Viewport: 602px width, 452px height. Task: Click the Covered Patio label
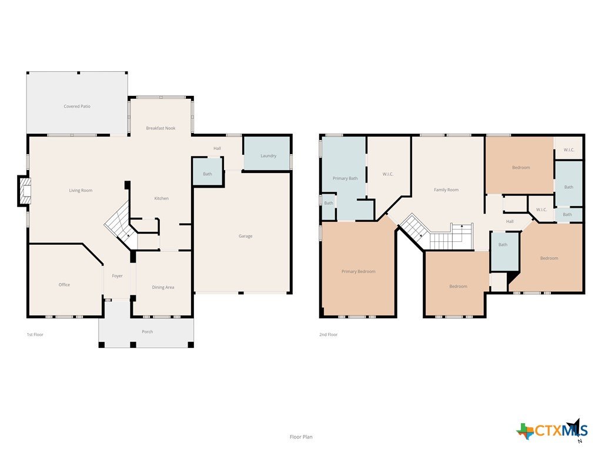[77, 107]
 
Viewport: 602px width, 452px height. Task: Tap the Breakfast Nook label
[160, 128]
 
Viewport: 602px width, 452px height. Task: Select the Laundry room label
[268, 155]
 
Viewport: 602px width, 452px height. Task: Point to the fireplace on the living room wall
[24, 191]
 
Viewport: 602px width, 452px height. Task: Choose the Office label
[64, 285]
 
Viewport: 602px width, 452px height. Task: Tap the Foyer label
[117, 276]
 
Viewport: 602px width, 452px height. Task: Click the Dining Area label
[163, 287]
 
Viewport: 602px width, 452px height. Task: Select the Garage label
[245, 236]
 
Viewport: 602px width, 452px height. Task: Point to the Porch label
[148, 332]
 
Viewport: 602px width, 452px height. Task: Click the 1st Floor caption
[35, 334]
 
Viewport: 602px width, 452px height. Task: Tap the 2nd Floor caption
[328, 334]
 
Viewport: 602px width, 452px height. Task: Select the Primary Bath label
[345, 178]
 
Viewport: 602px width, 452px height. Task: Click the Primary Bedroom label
[358, 271]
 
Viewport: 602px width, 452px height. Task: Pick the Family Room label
[446, 190]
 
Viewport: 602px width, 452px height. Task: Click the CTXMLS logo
[552, 430]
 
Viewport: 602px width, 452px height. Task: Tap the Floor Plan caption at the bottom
[301, 437]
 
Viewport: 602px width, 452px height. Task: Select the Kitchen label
[161, 198]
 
